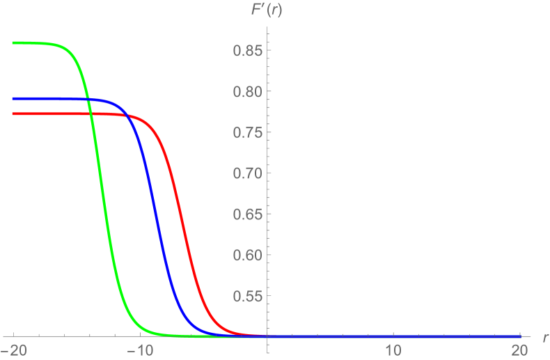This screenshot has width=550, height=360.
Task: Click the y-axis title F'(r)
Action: click(267, 9)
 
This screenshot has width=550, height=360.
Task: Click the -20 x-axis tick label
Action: click(14, 349)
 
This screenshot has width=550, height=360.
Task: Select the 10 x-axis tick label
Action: click(394, 349)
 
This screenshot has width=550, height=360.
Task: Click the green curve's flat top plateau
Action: click(35, 43)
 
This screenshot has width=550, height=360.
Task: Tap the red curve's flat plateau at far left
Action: click(42, 114)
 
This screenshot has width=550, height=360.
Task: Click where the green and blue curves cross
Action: click(89, 98)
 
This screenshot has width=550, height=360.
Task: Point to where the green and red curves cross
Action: click(91, 114)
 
